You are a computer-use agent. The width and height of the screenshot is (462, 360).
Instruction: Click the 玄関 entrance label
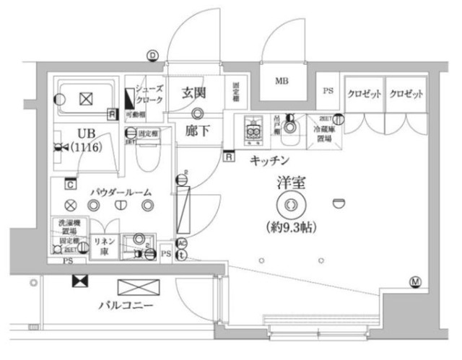click(195, 92)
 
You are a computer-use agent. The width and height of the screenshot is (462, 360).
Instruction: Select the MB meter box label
click(281, 81)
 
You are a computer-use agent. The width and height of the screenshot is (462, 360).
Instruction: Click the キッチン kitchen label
click(270, 159)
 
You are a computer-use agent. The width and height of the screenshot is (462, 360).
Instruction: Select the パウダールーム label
click(121, 192)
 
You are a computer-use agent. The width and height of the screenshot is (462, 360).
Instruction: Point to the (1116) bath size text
click(85, 147)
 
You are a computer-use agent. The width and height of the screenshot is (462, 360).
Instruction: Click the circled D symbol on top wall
click(152, 55)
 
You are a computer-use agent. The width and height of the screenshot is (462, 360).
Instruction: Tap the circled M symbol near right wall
click(415, 281)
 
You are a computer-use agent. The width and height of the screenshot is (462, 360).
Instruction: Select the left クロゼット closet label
click(364, 95)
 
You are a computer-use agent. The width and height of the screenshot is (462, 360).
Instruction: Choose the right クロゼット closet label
click(405, 95)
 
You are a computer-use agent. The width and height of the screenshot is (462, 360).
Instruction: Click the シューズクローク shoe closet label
click(149, 95)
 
